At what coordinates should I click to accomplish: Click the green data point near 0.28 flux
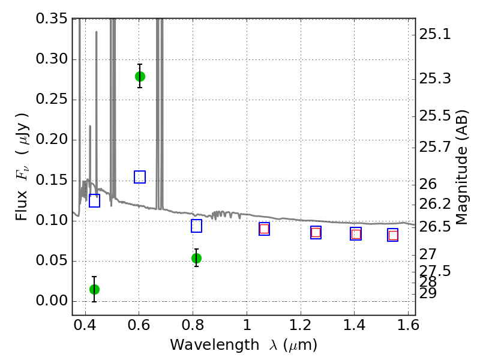click(x=140, y=76)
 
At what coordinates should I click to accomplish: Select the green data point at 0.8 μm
click(x=196, y=258)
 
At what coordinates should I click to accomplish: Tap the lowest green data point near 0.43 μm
click(x=94, y=289)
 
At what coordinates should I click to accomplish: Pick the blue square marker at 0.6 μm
click(x=140, y=177)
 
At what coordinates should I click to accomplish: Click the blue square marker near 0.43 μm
click(x=94, y=201)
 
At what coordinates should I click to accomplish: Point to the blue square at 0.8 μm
click(x=196, y=226)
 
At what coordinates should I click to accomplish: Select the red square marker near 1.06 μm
click(x=264, y=229)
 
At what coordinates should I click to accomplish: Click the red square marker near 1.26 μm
click(x=316, y=233)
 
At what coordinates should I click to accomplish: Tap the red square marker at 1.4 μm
click(x=356, y=234)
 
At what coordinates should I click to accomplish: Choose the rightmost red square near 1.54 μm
click(x=393, y=235)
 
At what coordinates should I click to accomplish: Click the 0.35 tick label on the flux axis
click(x=52, y=19)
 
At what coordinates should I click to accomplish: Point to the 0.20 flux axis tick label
click(x=52, y=140)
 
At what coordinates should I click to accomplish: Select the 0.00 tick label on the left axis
click(x=52, y=301)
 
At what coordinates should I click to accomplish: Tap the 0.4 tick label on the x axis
click(x=85, y=328)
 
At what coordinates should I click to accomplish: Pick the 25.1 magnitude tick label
click(x=435, y=35)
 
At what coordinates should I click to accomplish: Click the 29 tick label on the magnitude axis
click(x=428, y=293)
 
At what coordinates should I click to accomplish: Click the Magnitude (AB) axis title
click(x=462, y=167)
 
